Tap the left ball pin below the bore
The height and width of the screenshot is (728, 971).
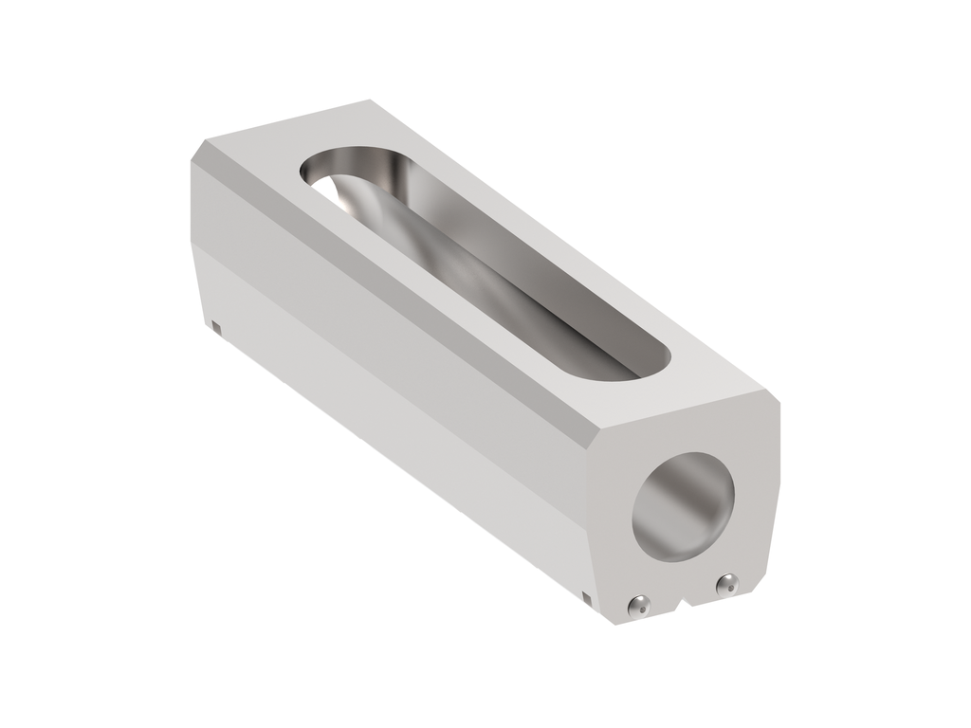click(x=641, y=605)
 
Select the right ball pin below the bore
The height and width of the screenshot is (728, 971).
click(x=727, y=584)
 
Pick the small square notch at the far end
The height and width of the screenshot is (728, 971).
click(x=216, y=327)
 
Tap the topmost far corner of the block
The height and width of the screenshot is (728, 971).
click(x=368, y=100)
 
